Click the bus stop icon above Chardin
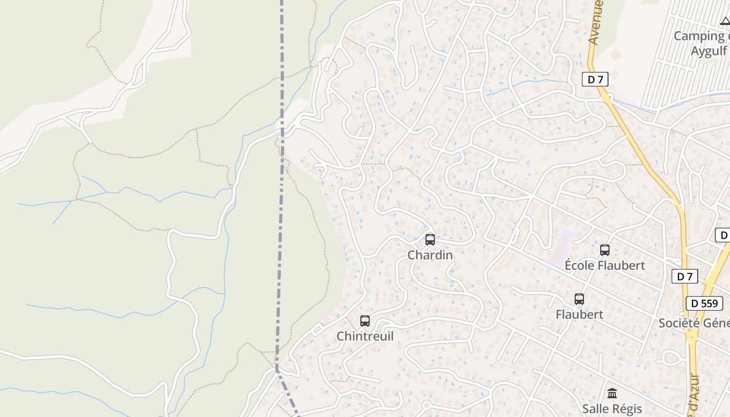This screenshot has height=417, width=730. click(x=430, y=240)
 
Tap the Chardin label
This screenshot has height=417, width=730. click(x=430, y=255)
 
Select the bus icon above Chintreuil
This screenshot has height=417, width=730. click(x=365, y=321)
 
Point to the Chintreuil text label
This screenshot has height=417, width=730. click(x=365, y=336)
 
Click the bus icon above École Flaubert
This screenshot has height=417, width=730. click(x=605, y=250)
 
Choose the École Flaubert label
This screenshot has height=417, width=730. click(x=605, y=265)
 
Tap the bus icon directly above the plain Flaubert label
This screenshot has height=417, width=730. click(x=579, y=299)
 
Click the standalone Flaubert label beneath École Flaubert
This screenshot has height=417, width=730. click(x=579, y=314)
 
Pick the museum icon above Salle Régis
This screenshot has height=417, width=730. click(x=612, y=393)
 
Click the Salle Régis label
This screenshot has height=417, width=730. click(x=612, y=408)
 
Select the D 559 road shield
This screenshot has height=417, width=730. click(x=704, y=303)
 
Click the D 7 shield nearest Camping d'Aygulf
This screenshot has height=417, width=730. click(x=595, y=79)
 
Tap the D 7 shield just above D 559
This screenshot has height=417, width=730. click(x=685, y=276)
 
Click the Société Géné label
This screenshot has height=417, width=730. click(x=693, y=323)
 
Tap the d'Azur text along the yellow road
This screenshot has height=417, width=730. click(x=693, y=396)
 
